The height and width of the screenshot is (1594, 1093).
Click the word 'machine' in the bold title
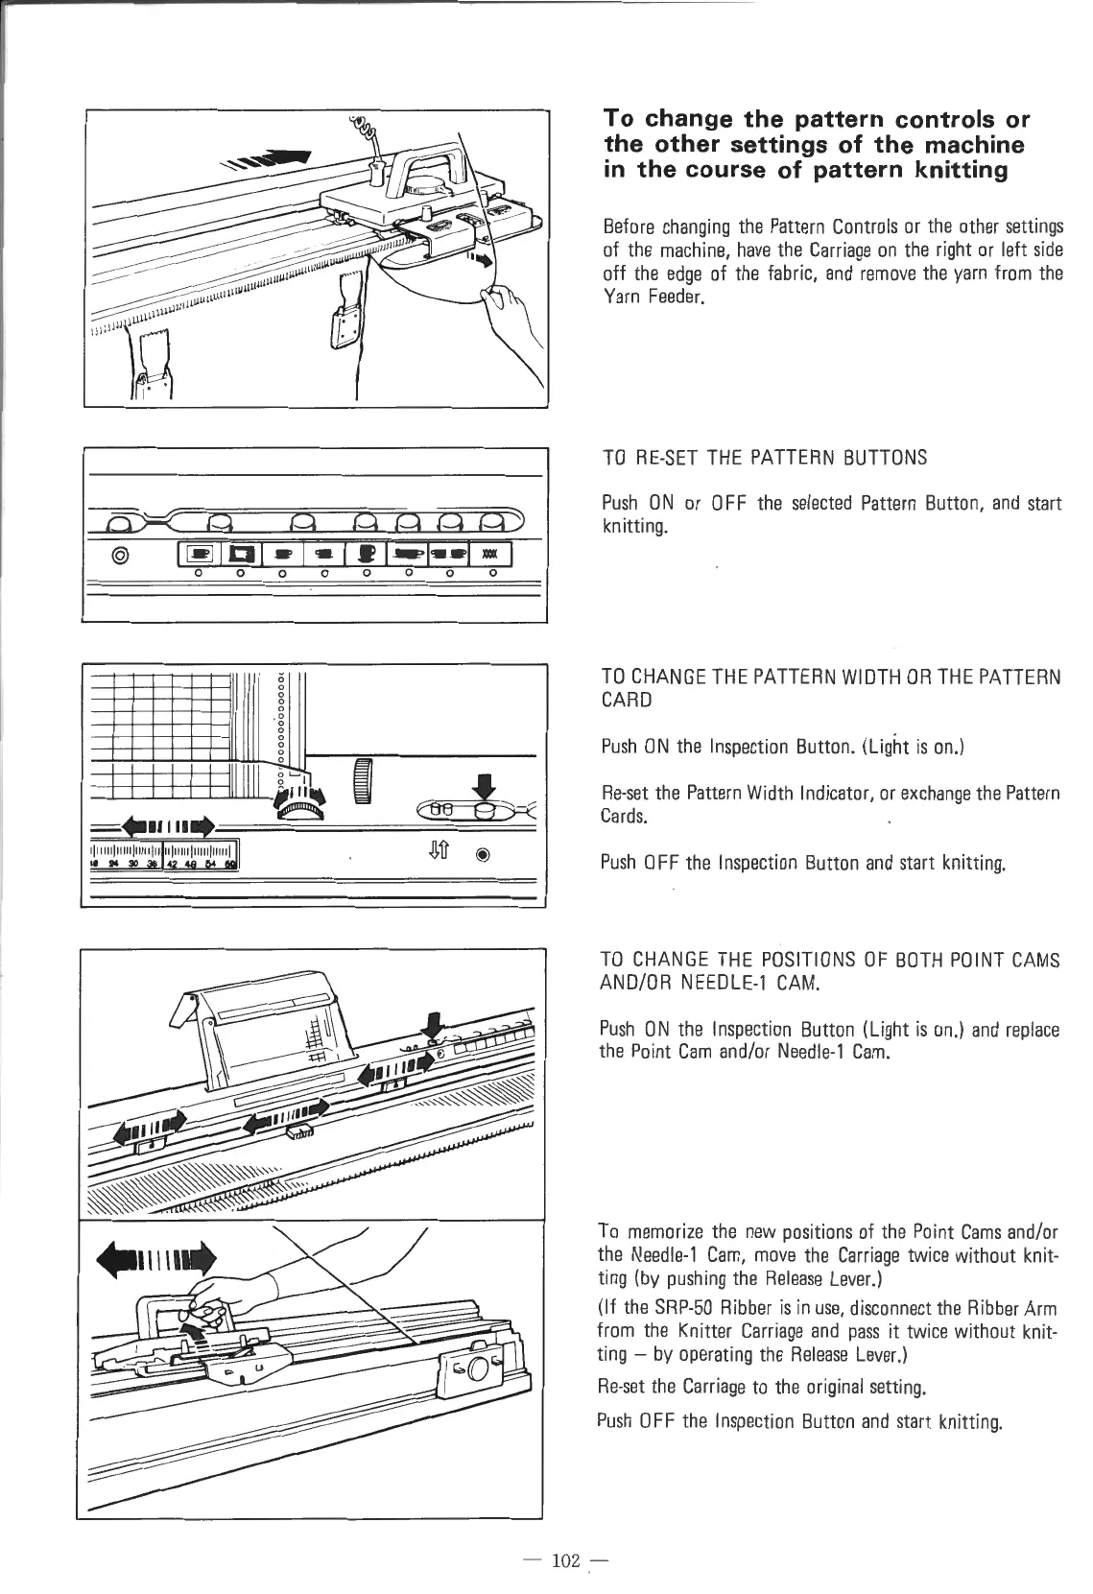click(x=969, y=146)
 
